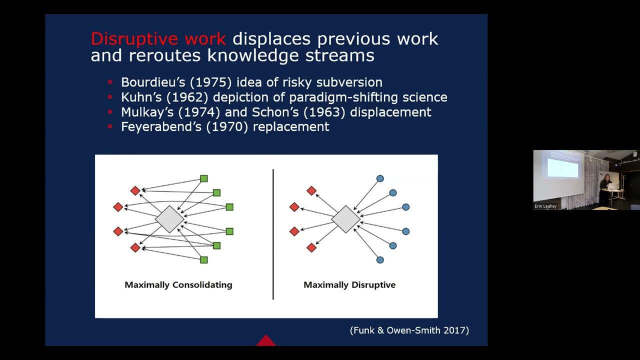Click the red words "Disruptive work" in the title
[158, 39]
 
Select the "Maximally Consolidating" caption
[178, 285]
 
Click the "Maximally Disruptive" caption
[349, 285]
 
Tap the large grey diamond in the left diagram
[169, 219]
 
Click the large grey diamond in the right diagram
[345, 219]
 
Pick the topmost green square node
[203, 178]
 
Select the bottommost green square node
[203, 260]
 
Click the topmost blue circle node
[380, 178]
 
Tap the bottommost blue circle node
[380, 260]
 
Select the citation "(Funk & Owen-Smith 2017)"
[409, 330]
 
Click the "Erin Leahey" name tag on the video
[545, 206]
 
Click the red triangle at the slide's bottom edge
[266, 341]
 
